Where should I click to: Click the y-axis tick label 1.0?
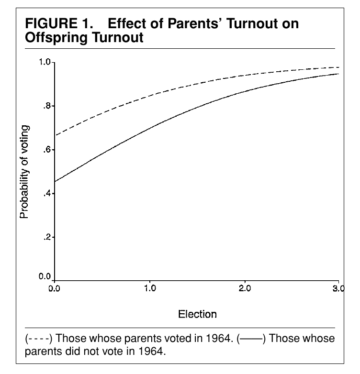click(x=45, y=62)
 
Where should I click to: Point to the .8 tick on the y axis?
click(x=47, y=106)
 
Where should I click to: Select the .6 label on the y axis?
click(x=47, y=150)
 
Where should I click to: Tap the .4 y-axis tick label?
click(x=47, y=193)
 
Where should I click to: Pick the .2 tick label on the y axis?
click(x=47, y=237)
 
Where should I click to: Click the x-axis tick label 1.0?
click(x=150, y=288)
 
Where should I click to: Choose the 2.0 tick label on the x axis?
click(x=245, y=288)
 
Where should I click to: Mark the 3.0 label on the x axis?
click(x=339, y=288)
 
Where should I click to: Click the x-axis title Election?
click(x=197, y=314)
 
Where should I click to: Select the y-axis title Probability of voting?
click(x=24, y=172)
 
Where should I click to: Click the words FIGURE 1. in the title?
click(x=59, y=23)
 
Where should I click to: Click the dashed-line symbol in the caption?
click(x=39, y=339)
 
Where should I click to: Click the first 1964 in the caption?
click(x=219, y=339)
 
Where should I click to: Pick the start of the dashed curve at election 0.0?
click(x=56, y=135)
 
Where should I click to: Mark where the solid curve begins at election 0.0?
click(x=55, y=182)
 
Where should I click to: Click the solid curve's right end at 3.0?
click(x=338, y=74)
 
